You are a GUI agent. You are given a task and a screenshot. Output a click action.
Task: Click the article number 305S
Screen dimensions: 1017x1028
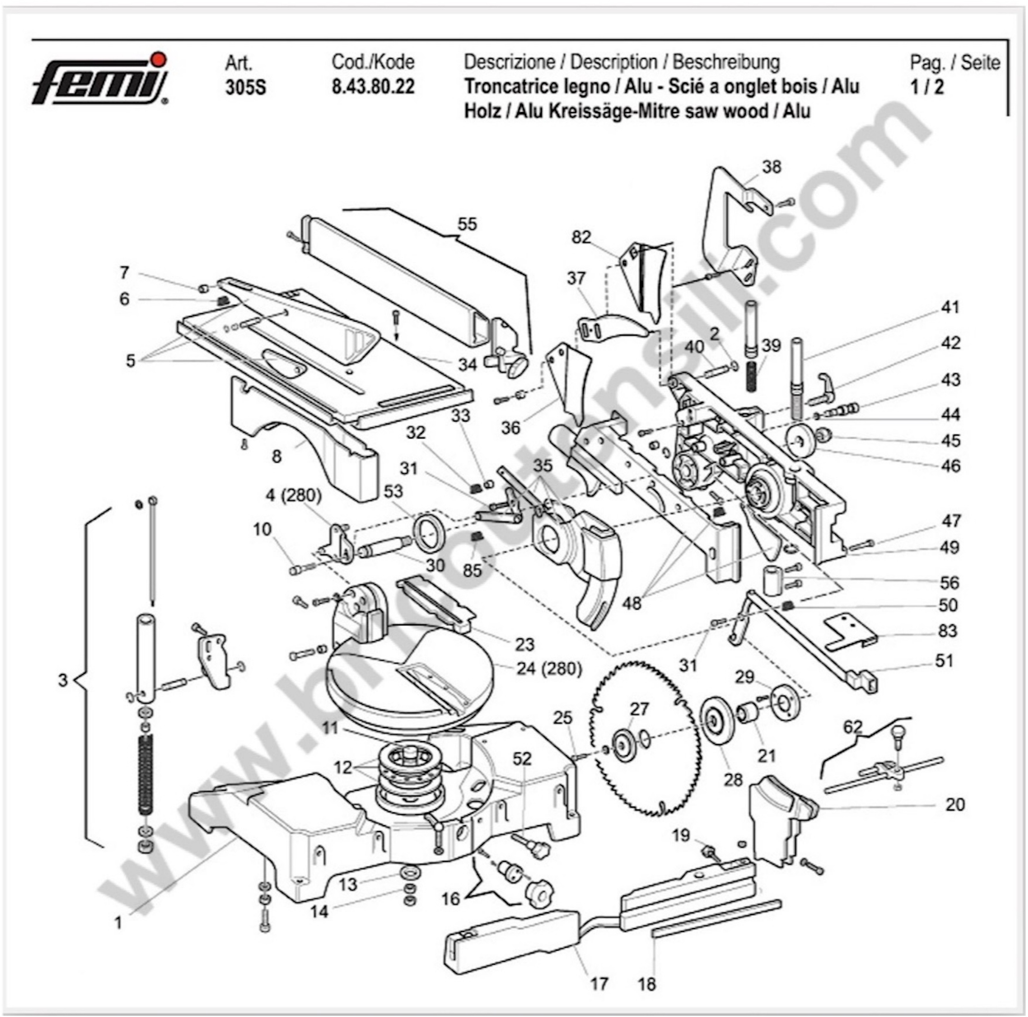[x=245, y=87]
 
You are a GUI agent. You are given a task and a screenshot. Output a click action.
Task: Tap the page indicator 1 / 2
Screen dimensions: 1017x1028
[x=926, y=87]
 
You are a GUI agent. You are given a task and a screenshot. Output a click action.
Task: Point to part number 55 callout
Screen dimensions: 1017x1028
[x=467, y=224]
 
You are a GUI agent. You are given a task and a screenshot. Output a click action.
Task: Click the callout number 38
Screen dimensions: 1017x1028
[x=771, y=167]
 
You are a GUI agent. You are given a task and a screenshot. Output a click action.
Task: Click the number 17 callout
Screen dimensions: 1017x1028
[x=599, y=984]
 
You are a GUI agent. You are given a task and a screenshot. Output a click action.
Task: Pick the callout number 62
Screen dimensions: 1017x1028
[x=852, y=726]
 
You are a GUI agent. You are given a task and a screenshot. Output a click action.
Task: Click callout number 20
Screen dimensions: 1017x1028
[x=955, y=804]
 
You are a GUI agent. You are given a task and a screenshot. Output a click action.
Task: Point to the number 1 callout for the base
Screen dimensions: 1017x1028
[x=118, y=922]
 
